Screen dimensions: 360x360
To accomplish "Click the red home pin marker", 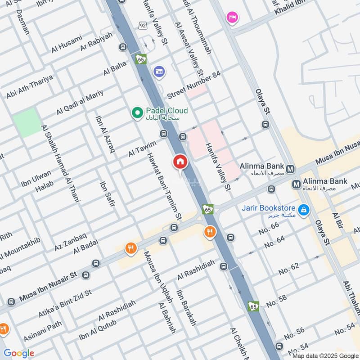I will click(180, 162).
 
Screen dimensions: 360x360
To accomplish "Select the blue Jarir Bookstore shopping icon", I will click(304, 209).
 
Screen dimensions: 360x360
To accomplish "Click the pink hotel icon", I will click(232, 17).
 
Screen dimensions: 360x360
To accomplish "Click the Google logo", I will click(19, 353).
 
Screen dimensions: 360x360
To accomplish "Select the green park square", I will click(27, 122).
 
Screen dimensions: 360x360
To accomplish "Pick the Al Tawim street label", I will click(142, 148).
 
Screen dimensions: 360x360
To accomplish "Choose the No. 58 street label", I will click(276, 301).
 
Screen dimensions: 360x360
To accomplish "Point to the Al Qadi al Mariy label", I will click(80, 102).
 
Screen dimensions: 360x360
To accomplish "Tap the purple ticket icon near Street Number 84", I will click(159, 71).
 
